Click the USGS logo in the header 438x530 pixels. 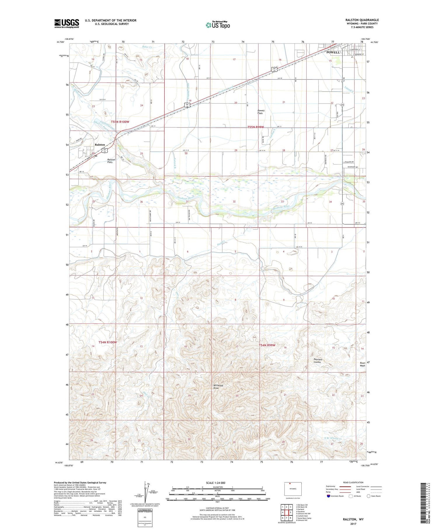tap(67, 23)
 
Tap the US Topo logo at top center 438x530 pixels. tap(218, 25)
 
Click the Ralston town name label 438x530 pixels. tap(100, 145)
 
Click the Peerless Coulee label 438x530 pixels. tap(318, 361)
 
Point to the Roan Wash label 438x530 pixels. tap(362, 364)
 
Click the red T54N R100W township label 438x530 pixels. tap(107, 342)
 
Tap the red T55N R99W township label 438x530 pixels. tap(255, 127)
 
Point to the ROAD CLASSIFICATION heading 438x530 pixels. tap(353, 482)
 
